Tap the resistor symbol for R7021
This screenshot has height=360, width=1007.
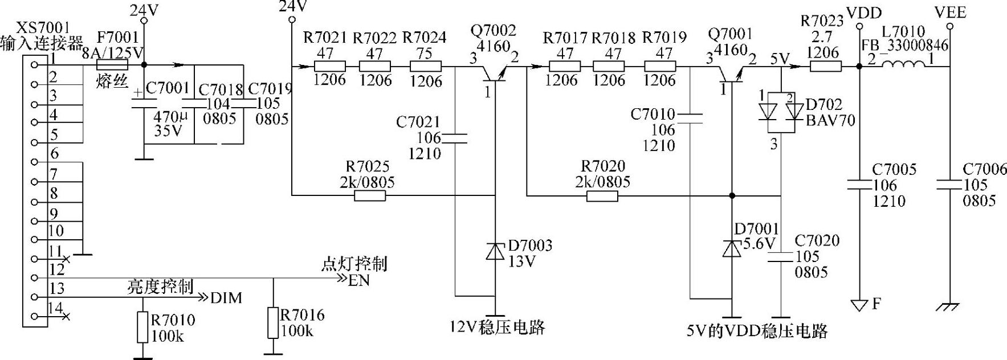330,66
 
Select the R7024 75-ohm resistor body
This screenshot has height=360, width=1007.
425,66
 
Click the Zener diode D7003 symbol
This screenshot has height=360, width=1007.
495,251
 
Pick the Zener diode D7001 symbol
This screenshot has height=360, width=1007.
731,248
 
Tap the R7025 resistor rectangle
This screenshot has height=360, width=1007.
369,196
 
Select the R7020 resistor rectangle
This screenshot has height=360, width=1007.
602,196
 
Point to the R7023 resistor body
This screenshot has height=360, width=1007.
825,66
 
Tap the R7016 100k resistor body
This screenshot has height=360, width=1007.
274,323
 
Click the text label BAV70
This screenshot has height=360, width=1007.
830,120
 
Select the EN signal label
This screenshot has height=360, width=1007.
359,280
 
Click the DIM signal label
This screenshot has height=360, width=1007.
226,298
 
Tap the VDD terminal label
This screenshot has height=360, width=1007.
865,13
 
